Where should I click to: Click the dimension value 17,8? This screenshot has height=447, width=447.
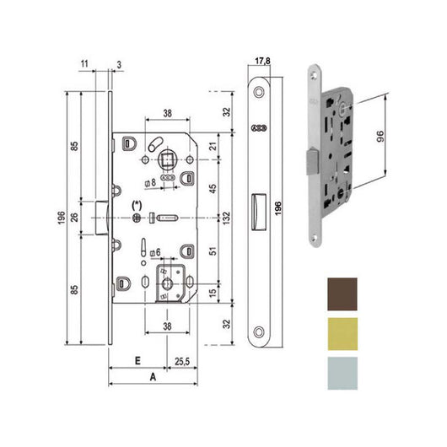coord(261,61)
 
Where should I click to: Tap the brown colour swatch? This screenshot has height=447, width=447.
coord(341,292)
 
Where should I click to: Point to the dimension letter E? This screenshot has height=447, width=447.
coord(137,358)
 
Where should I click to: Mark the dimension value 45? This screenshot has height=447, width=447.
coord(213,187)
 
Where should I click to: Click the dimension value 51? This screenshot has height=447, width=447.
coord(213,250)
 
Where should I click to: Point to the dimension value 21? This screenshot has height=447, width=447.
coord(213,148)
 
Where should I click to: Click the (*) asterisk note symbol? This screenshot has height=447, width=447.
coord(138,206)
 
